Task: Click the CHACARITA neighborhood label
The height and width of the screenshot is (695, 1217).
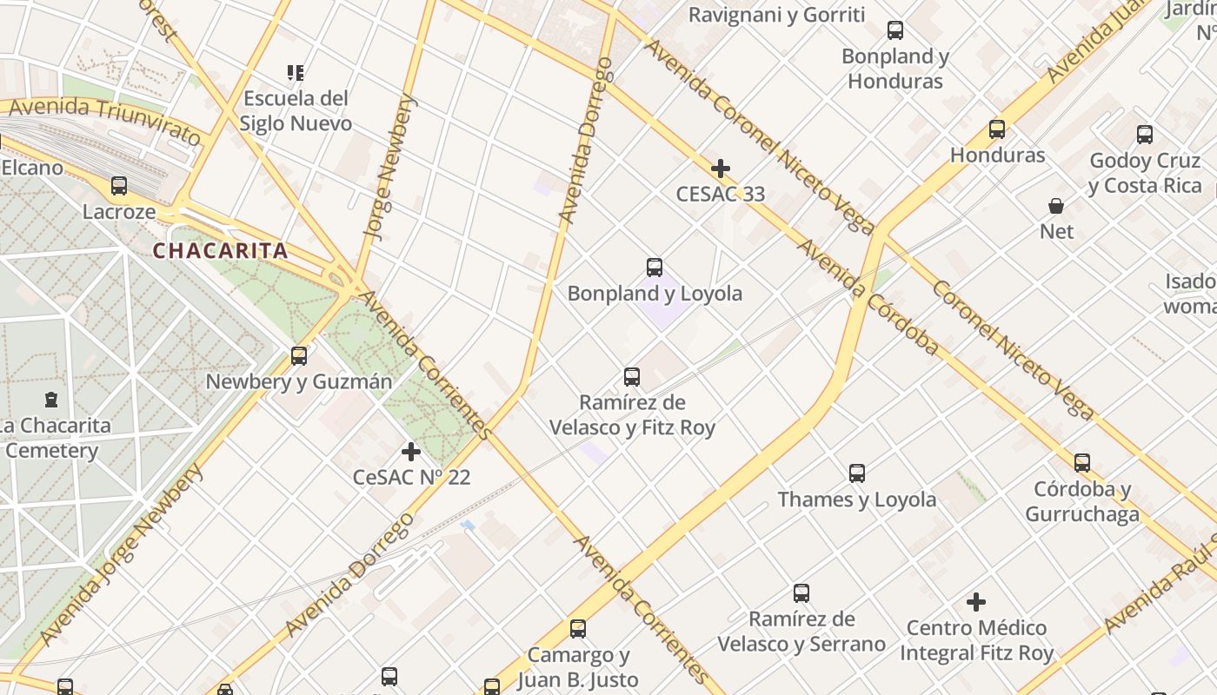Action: pos(220,251)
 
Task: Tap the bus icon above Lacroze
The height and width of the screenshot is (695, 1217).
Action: pos(119,186)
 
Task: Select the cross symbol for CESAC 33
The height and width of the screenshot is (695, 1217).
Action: pos(721,169)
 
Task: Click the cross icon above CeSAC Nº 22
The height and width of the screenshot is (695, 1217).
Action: pos(411,452)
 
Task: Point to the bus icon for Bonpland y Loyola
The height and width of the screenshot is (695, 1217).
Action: pos(655,268)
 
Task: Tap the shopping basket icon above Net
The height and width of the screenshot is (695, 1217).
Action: pos(1056,206)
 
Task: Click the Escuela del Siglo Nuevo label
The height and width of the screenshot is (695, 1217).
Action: pos(296,111)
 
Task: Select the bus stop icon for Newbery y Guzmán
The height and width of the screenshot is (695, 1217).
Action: pos(299,355)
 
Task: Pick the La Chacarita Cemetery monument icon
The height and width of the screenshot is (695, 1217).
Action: pos(51,400)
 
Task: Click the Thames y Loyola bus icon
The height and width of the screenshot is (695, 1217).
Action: pos(857,473)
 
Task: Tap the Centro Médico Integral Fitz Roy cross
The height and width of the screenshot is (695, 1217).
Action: pos(976,601)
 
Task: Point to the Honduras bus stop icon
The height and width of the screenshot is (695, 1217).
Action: pos(997,129)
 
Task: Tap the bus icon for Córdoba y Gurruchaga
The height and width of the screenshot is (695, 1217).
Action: pos(1082,463)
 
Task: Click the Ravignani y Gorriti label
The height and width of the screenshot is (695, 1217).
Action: pos(776,15)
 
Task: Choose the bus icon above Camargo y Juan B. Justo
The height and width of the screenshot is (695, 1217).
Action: pos(578,629)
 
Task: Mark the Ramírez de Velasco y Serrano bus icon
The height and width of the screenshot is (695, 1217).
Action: pos(801,593)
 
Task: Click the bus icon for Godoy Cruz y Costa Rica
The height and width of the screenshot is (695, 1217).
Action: pos(1145,135)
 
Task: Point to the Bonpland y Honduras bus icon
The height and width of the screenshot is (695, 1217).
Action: pos(895,30)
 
